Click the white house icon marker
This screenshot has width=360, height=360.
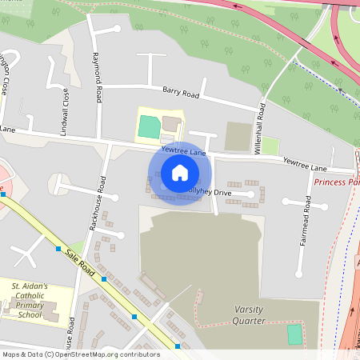[179, 173]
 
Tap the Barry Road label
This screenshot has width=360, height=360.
[180, 93]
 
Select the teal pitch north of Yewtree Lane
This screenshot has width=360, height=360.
[149, 126]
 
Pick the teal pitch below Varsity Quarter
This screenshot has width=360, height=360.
[295, 334]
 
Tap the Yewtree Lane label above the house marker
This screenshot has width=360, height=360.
[183, 150]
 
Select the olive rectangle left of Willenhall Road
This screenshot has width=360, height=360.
[238, 136]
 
